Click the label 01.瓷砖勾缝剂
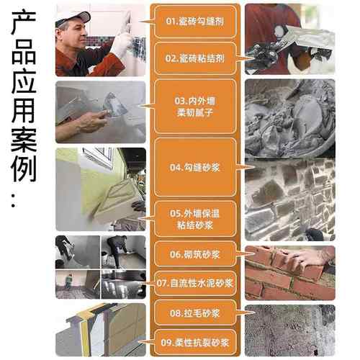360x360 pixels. click(x=195, y=22)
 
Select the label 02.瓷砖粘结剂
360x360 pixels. click(x=195, y=56)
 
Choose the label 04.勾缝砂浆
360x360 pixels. click(x=195, y=167)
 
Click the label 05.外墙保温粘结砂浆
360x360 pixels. click(x=195, y=219)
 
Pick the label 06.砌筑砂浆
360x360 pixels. click(x=195, y=254)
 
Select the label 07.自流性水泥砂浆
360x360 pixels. click(x=195, y=284)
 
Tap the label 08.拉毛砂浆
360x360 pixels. click(x=195, y=313)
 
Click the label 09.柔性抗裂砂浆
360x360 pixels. click(x=195, y=343)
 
